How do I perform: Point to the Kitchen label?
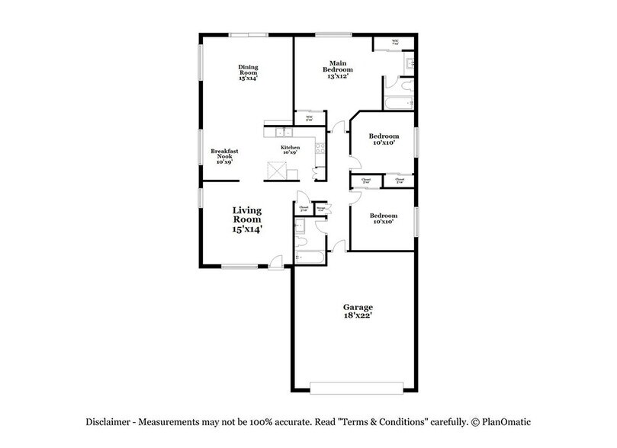(290, 147)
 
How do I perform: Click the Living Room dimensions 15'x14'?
(247, 229)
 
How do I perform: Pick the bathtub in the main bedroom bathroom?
(399, 103)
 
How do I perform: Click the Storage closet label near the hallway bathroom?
(321, 209)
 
